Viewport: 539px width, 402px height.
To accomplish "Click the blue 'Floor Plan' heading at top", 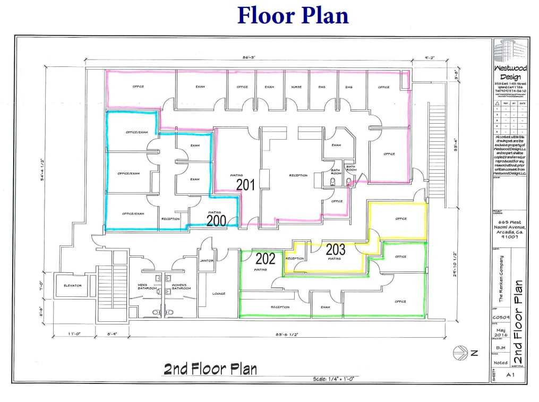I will click(293, 15).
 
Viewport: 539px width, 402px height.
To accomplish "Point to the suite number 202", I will click(266, 259).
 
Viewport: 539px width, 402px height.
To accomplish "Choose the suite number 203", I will click(336, 249).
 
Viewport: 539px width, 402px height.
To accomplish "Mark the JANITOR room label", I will click(207, 261).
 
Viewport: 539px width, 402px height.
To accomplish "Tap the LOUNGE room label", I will click(219, 294).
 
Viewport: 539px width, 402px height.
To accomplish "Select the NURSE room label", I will click(297, 87).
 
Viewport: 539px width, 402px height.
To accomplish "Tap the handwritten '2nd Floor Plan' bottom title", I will click(210, 369).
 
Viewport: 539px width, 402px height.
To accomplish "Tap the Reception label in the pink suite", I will click(298, 175).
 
